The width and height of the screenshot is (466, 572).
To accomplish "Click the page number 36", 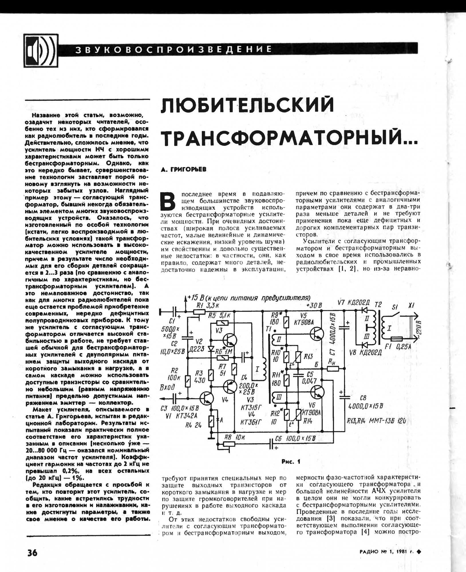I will coord(32,553).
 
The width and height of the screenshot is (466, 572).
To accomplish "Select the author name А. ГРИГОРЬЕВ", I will coord(183,170).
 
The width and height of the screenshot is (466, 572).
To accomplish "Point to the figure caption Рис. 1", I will coord(291,462).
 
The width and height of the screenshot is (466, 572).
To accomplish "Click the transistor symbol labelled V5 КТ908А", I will coord(317,334).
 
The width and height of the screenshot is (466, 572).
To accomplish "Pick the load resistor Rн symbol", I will coord(333,369).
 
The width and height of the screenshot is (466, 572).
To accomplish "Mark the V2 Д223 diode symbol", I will coord(211,349).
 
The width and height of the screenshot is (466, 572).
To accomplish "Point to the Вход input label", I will coord(167,387).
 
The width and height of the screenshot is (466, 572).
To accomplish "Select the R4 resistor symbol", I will coord(211,420).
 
